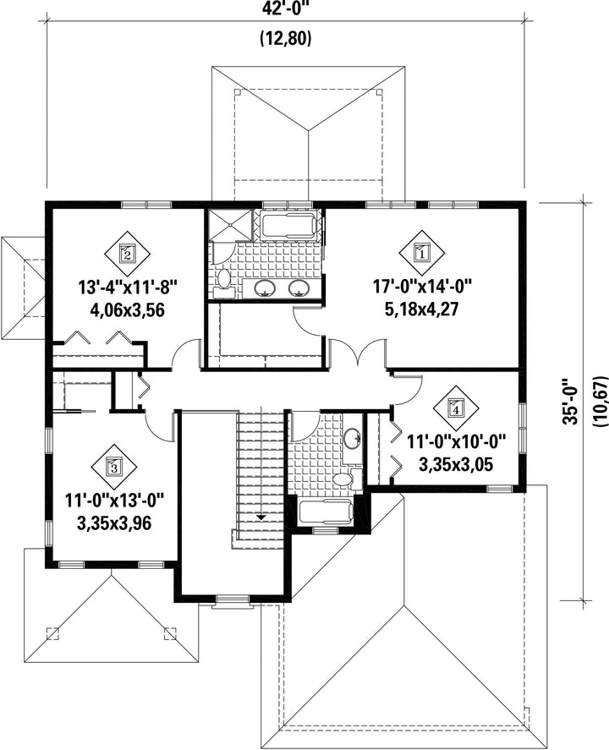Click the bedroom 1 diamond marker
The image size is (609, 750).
(421, 253)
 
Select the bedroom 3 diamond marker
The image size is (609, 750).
(114, 466)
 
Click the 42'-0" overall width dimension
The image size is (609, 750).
(286, 8)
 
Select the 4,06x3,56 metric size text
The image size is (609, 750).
(128, 310)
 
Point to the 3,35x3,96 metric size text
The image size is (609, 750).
(114, 523)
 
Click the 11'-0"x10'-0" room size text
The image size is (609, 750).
(456, 441)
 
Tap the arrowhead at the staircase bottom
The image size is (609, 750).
(261, 517)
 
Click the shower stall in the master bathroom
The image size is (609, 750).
(229, 224)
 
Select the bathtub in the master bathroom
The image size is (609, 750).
(289, 225)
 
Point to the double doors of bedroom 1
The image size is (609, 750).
(357, 354)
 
